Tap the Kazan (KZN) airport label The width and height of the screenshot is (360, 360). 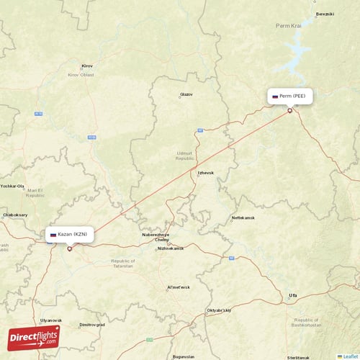tap(69, 235)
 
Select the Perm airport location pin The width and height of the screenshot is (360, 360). tap(290, 110)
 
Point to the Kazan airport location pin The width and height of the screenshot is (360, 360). tap(69, 249)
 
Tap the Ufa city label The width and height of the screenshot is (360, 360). tap(292, 295)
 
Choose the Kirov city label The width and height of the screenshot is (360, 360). tap(88, 66)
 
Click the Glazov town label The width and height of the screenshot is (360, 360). tap(186, 94)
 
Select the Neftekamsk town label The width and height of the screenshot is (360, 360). tap(243, 217)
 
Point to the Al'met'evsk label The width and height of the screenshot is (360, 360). tap(178, 287)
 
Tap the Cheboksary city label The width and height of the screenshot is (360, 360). tap(15, 215)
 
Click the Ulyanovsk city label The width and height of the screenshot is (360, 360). tap(51, 320)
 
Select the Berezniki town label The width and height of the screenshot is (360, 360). tap(325, 14)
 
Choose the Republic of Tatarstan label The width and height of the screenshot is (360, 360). tap(122, 263)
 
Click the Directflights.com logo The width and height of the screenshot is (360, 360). tap(34, 337)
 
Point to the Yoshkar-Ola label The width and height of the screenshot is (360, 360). tap(13, 186)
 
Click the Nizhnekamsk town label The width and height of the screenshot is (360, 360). tap(171, 248)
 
